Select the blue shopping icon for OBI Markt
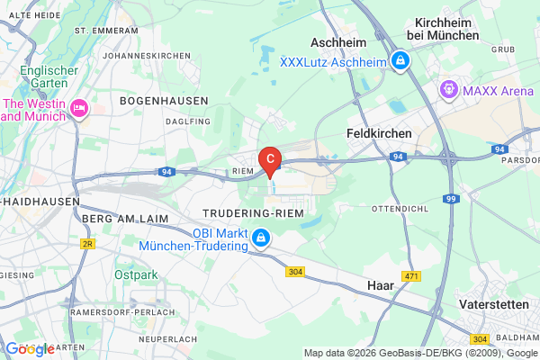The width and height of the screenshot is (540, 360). click(260, 238)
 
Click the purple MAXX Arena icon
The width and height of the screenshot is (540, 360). click(447, 90)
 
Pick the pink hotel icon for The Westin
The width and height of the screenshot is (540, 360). click(79, 109)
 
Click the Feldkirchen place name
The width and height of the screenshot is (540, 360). click(379, 133)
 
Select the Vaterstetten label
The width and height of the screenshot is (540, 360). click(494, 305)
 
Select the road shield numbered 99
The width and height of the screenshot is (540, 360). click(453, 197)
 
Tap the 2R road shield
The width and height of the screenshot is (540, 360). click(87, 243)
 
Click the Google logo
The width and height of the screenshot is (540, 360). click(30, 348)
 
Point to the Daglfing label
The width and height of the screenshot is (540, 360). click(189, 121)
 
